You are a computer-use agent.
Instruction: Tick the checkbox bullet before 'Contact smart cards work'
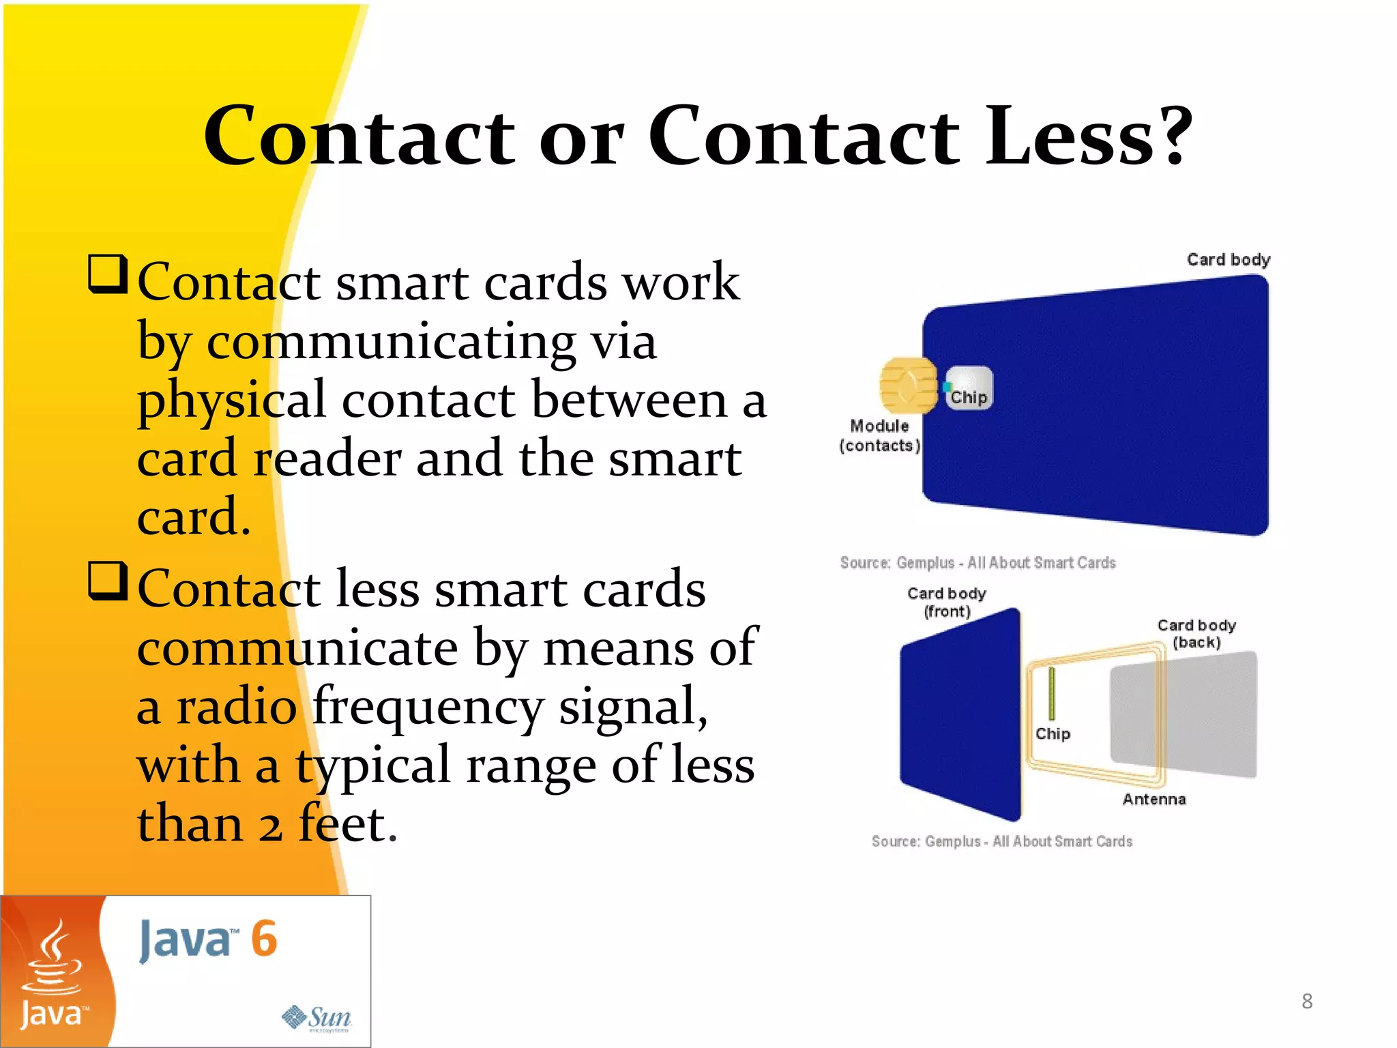[108, 274]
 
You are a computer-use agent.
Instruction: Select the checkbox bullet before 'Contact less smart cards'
[108, 581]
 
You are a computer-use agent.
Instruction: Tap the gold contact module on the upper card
[907, 385]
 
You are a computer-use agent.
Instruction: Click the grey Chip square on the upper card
[969, 388]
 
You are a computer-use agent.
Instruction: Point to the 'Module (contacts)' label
[879, 435]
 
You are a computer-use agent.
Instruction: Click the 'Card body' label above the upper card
[1229, 259]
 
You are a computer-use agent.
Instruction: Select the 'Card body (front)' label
[947, 602]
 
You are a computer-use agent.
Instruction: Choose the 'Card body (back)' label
[1196, 633]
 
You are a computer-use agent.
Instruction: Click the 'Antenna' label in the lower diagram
[1154, 799]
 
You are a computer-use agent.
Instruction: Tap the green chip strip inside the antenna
[1052, 693]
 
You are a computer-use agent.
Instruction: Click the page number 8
[1307, 1001]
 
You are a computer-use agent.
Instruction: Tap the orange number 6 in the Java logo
[264, 939]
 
